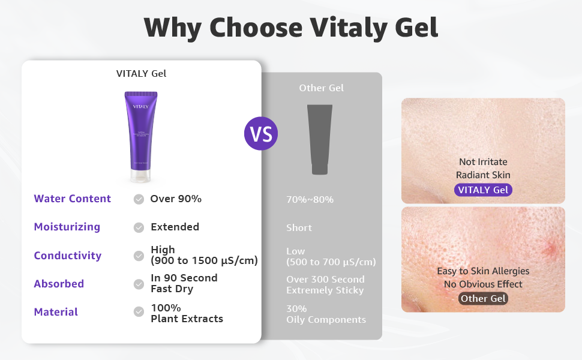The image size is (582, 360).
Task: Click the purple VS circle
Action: pos(261,133)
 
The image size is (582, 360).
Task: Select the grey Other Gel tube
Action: pos(320,139)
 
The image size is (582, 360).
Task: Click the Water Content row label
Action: pos(73,199)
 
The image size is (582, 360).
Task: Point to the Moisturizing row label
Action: pos(67,227)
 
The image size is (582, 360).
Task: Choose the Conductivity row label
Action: pos(68,256)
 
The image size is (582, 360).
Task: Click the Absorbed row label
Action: pos(59,284)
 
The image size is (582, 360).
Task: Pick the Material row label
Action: pos(56,312)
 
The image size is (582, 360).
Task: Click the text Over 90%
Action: pos(176,199)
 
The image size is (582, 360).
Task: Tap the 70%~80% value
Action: pos(310,199)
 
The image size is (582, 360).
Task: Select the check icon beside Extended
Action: pos(139,227)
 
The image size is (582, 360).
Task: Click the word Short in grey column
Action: pos(299,228)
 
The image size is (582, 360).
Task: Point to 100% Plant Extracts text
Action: pos(187,313)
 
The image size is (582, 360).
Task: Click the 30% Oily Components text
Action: pos(326,314)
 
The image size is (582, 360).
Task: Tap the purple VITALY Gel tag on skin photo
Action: pos(483,190)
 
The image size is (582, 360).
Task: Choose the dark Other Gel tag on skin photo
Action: pos(483,298)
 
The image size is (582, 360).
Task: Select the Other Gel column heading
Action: pos(321,88)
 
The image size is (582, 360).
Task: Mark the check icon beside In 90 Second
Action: pos(139,284)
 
